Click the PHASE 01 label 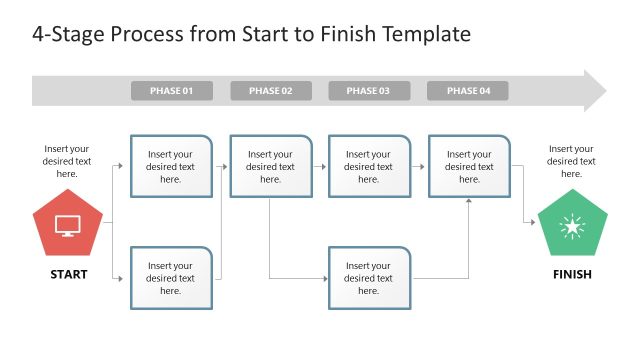pos(171,91)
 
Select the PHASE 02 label pos(270,91)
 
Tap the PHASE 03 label pos(368,91)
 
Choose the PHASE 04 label pos(467,91)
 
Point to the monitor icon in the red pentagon pos(68,226)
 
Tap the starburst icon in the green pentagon pos(572,227)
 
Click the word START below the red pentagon pos(68,274)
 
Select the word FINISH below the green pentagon pos(572,274)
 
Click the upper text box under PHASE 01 pos(171,166)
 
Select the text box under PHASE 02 pos(270,166)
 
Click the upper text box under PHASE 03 pos(368,166)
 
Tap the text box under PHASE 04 pos(469,166)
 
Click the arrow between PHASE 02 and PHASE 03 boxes pos(319,166)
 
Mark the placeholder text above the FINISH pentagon pos(572,160)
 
